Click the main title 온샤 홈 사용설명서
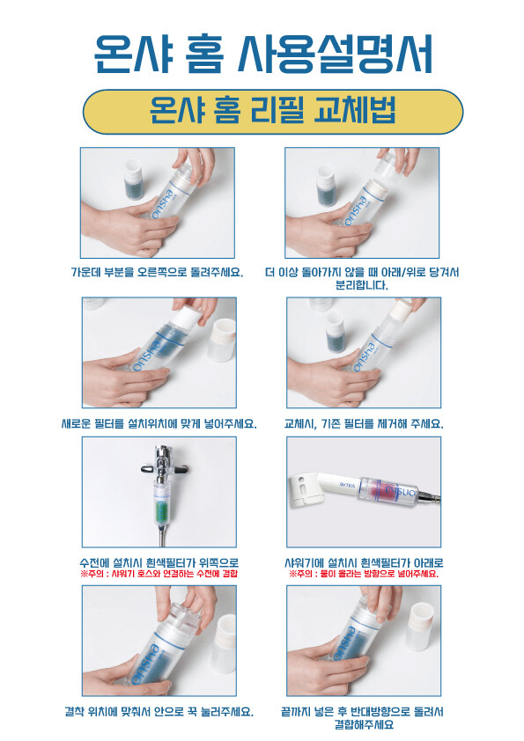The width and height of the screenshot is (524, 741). coord(262,54)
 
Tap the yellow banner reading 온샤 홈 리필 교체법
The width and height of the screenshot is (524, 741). coord(273,112)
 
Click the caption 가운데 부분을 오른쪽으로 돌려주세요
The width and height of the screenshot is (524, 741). coord(157,273)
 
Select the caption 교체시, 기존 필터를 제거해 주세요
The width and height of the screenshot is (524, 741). coord(364,424)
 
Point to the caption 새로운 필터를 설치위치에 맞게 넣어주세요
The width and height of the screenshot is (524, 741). coord(159,424)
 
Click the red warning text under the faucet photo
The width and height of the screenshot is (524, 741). coord(159,574)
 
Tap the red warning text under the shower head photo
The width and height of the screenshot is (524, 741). coord(364,574)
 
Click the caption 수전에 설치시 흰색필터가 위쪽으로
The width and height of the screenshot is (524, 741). coord(159,563)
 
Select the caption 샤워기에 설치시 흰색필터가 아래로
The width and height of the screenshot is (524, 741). coord(364,563)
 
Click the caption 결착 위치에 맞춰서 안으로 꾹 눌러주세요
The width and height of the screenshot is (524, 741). coord(159,711)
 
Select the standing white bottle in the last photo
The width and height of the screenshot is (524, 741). coord(420,627)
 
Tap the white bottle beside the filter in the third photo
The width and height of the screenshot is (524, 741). coord(222,340)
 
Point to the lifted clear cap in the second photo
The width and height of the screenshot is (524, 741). coord(388,164)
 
